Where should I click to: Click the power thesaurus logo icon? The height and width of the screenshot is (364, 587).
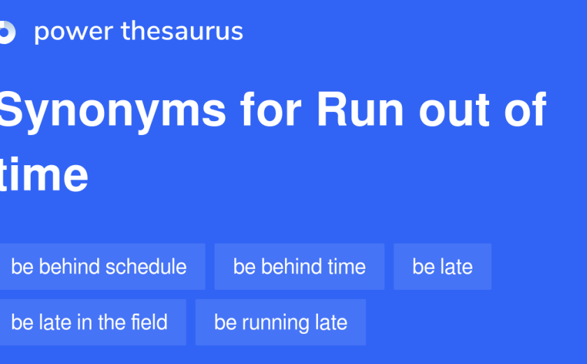coord(8,32)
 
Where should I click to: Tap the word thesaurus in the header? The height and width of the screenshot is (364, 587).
coord(182,30)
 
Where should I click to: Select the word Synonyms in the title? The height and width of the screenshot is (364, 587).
coord(113,111)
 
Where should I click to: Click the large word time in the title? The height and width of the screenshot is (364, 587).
coord(44,174)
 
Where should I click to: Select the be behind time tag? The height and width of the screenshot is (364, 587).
coord(300,267)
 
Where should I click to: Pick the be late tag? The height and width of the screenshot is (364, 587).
coord(442,267)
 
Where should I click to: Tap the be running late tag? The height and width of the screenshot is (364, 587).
coord(281,323)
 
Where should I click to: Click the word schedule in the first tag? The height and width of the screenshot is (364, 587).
coord(146,267)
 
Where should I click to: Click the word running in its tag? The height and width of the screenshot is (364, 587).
coord(275,323)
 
